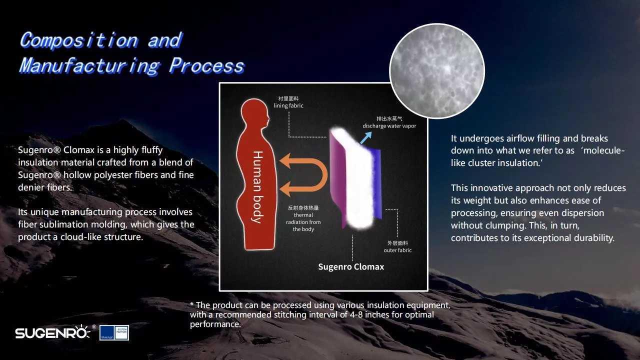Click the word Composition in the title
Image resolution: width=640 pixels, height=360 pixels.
click(x=79, y=40)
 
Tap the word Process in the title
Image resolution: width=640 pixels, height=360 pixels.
click(x=206, y=66)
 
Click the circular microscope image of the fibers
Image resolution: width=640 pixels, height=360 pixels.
click(x=437, y=71)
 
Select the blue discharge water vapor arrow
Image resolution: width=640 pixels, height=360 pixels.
click(x=366, y=137)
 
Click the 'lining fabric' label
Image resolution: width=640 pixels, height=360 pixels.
click(x=288, y=105)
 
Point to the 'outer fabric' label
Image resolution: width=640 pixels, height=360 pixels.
click(x=397, y=250)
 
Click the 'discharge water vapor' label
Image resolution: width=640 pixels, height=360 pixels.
click(x=389, y=125)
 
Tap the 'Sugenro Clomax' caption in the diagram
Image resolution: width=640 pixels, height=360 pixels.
click(x=351, y=266)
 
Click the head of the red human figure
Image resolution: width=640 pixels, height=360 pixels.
click(x=255, y=112)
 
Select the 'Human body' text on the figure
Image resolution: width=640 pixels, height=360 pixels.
click(x=257, y=187)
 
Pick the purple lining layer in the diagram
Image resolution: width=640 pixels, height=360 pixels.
click(x=336, y=177)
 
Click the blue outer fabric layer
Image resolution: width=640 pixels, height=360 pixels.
click(x=377, y=183)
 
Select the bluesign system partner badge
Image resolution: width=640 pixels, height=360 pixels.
click(x=114, y=332)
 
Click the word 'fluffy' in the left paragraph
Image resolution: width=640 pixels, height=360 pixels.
click(x=151, y=149)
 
